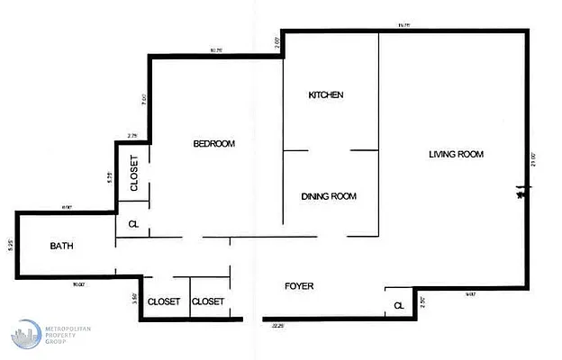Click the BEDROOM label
(214, 144)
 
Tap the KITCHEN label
(326, 94)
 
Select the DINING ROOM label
(330, 196)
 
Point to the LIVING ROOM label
(456, 154)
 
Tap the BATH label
(61, 246)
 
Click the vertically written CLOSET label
(133, 175)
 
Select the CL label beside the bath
(133, 224)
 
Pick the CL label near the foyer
(397, 307)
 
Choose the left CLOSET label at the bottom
(164, 301)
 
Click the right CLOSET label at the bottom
(208, 301)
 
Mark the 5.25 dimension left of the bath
(9, 244)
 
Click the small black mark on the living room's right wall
(521, 191)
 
